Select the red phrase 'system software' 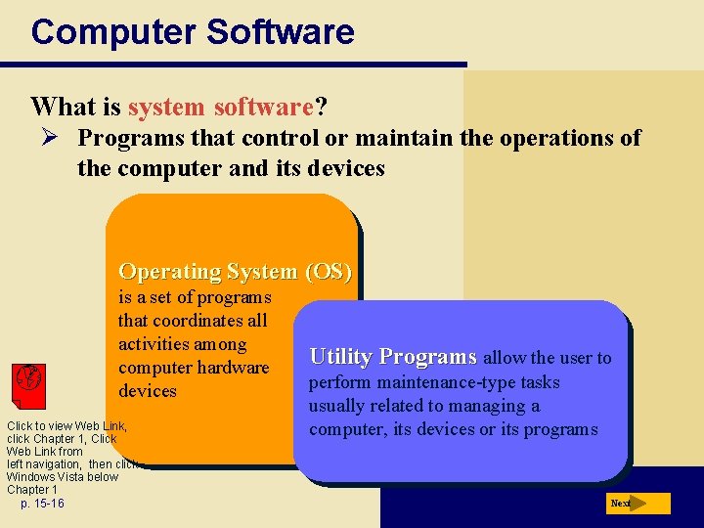pos(221,106)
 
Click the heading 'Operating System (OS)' pos(235,271)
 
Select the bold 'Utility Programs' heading pos(393,357)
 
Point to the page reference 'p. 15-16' pos(42,503)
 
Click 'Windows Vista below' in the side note pos(62,477)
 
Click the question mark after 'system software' pos(320,106)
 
